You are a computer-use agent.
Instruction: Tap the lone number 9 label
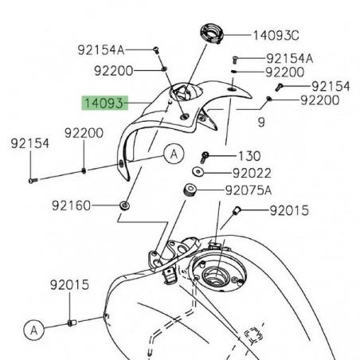tap(260, 122)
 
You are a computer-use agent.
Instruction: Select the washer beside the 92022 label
tap(198, 172)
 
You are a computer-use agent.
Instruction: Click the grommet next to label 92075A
tap(190, 191)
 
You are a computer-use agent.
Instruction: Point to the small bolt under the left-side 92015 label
tap(69, 323)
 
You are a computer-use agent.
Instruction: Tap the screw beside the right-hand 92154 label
tap(279, 85)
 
